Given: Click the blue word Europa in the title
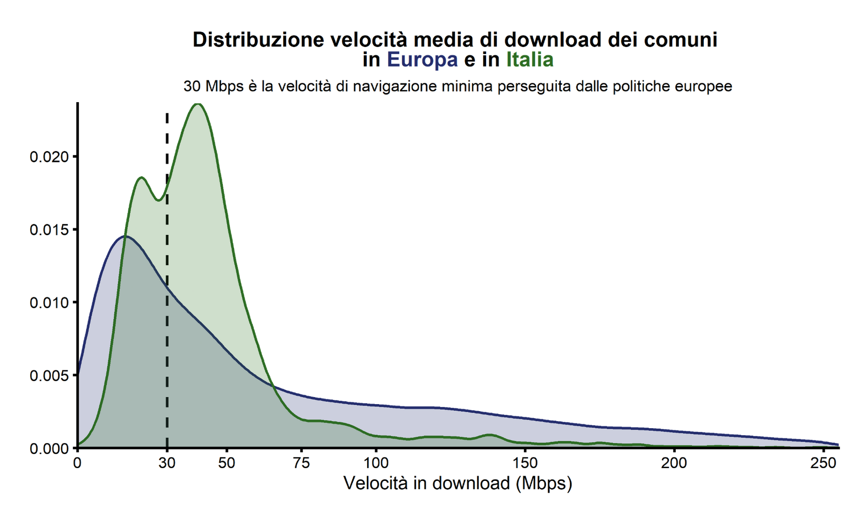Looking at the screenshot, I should coord(422,60).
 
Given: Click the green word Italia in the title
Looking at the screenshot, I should coord(529,60).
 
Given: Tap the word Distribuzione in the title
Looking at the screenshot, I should coord(258,40).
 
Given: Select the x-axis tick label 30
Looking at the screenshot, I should coord(167,463).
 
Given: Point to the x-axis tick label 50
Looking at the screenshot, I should coord(227,463).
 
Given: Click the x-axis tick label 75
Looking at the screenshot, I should coord(301,463).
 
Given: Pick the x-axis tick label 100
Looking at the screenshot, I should coord(376,463).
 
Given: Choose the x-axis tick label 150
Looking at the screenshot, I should coord(525,463).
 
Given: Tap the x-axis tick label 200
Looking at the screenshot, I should coord(674,463).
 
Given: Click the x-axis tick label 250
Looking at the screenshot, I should coord(823,463).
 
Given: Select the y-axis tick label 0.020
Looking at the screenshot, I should coord(49,157).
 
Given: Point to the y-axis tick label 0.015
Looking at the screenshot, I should coord(49,230).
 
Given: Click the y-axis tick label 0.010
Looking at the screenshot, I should coord(49,303).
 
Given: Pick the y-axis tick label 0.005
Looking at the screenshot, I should coord(49,375).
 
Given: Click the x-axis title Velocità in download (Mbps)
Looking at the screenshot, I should coord(458,483).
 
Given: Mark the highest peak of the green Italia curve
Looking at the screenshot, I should coord(198,104).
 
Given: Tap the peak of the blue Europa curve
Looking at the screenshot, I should coord(126,236).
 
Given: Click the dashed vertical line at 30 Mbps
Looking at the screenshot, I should coord(167,329).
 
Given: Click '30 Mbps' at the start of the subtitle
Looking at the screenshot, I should coord(213,87).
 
